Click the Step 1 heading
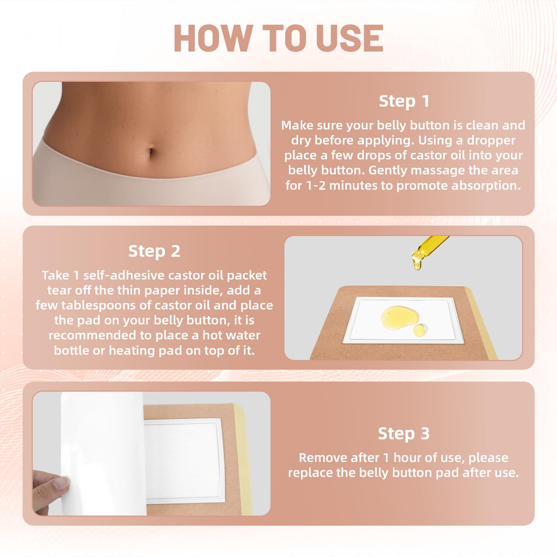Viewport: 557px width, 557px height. (x=404, y=101)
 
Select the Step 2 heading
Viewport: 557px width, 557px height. (x=154, y=251)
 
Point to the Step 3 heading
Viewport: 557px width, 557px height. (x=404, y=434)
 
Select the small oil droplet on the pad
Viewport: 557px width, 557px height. (x=419, y=330)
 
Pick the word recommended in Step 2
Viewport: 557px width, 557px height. (x=92, y=335)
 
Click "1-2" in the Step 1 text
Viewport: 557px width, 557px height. (x=316, y=186)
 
